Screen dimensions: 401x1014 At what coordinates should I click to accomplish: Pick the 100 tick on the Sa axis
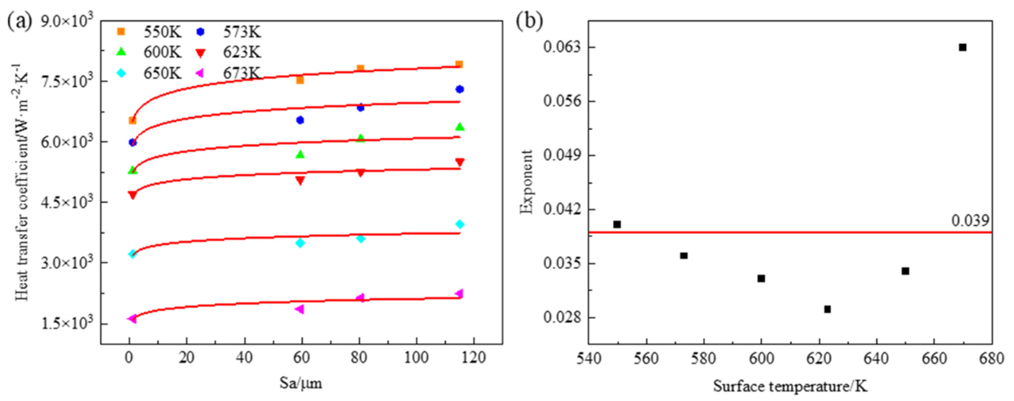point(416,358)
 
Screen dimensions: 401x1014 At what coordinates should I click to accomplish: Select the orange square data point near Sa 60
point(300,80)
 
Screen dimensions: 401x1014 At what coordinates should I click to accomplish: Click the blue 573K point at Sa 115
point(459,89)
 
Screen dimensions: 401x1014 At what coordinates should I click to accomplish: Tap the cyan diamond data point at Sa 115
point(459,224)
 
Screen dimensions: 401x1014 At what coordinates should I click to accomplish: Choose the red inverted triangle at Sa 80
point(360,173)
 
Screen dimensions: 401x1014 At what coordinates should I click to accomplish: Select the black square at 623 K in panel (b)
point(827,309)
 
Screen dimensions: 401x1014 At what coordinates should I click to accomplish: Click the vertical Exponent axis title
point(526,182)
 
